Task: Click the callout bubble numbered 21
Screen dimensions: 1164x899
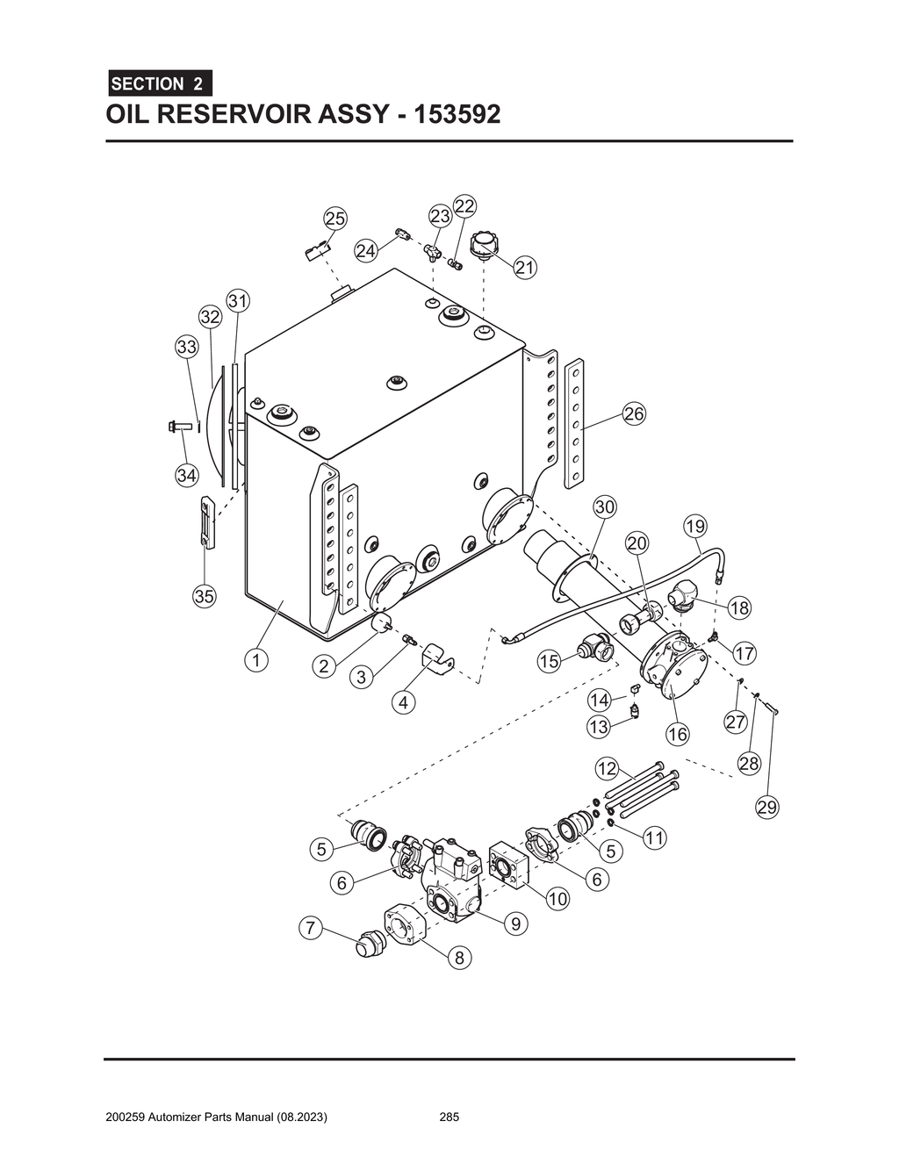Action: pos(525,267)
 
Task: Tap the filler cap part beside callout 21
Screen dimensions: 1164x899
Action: pos(484,244)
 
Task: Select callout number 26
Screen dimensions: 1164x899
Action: pos(634,414)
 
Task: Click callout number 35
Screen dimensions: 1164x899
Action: pos(204,596)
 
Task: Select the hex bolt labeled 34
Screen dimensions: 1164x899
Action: pos(178,427)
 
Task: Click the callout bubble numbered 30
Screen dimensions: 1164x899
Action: pos(605,507)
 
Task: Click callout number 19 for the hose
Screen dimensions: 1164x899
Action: pos(694,527)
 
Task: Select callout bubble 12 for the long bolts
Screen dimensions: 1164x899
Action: pos(608,769)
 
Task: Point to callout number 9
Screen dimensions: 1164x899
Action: pos(515,923)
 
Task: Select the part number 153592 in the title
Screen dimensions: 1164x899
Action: pos(448,114)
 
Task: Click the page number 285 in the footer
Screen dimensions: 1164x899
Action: pos(449,1117)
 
